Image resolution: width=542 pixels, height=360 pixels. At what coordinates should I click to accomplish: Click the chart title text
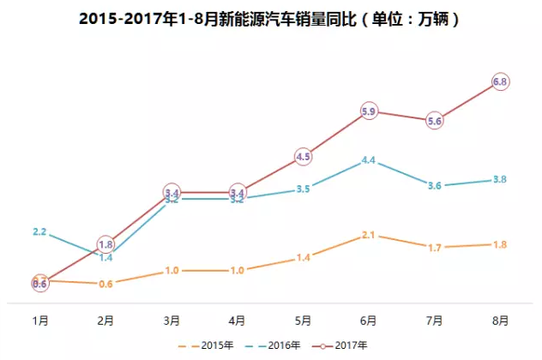point(271,18)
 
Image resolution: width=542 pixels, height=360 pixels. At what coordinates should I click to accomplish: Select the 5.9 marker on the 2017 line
point(370,111)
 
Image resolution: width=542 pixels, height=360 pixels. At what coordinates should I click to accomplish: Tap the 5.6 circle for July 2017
point(435,121)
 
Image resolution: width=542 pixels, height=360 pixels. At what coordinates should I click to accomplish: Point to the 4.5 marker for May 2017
point(303,156)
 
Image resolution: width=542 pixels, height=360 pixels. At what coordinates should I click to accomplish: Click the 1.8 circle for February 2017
point(105,243)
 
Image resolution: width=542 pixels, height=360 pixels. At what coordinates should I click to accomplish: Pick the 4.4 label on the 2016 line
point(370,160)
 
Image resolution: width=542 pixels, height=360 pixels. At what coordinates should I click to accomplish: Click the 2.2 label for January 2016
point(39,231)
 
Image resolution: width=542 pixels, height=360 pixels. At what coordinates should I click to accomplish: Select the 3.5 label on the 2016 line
point(303,189)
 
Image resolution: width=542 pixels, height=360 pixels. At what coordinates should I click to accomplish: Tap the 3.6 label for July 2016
point(435,185)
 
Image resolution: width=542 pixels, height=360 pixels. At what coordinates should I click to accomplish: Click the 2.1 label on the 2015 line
point(370,235)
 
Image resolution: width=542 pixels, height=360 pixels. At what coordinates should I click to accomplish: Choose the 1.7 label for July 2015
point(435,248)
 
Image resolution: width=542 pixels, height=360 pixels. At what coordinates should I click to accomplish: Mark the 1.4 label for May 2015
point(303,257)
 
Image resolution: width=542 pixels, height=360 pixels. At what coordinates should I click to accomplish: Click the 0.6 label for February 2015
point(105,284)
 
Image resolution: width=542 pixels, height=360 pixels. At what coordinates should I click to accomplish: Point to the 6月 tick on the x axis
point(369,321)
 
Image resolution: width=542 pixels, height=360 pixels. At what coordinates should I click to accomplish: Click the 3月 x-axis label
point(172,321)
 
